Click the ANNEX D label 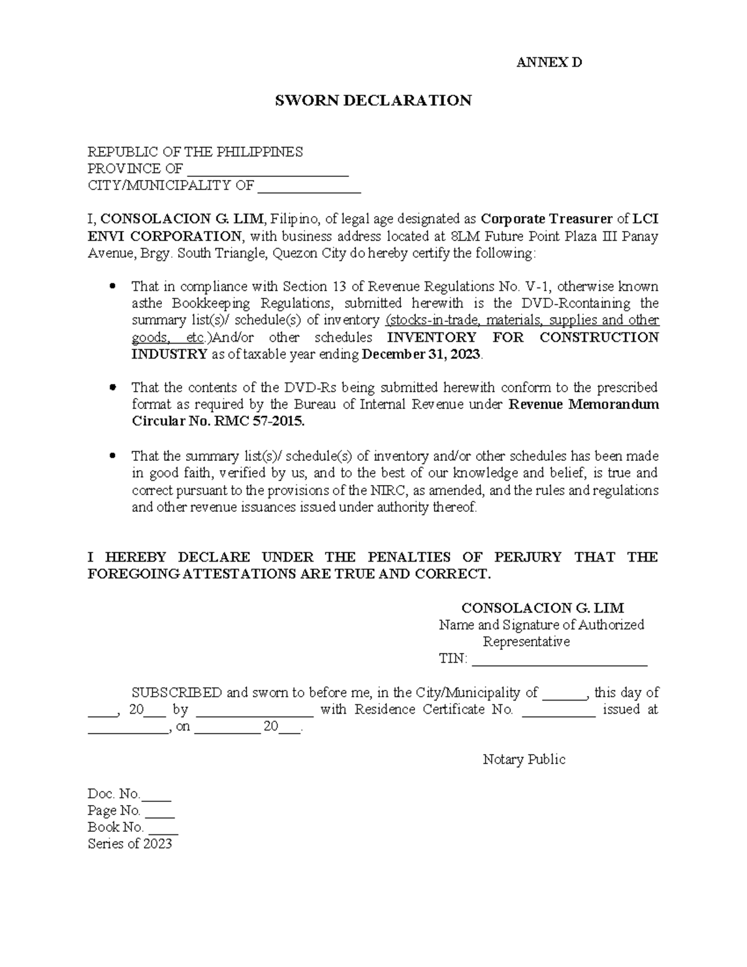coord(550,63)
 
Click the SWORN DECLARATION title coord(373,101)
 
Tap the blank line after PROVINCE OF coord(268,170)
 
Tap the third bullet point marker coord(112,456)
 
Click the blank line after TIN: coord(560,660)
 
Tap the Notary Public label coord(524,760)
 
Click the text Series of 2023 coord(129,845)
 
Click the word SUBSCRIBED coord(176,693)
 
